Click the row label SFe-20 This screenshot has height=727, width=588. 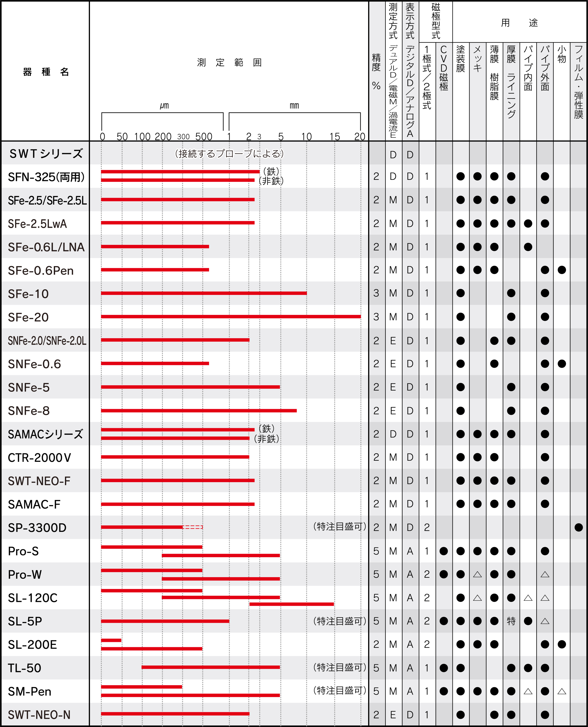[x=29, y=317]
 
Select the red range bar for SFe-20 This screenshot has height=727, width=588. [x=230, y=317]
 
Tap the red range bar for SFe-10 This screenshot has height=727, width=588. [x=203, y=293]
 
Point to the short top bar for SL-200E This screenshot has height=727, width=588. [x=111, y=640]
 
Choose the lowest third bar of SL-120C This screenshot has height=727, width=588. [x=291, y=604]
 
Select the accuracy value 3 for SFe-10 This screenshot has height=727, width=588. [x=376, y=293]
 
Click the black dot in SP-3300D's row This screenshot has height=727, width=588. [x=579, y=527]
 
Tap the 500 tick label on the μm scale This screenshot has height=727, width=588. [x=203, y=137]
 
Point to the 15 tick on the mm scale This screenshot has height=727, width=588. [x=335, y=137]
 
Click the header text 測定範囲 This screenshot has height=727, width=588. [x=229, y=63]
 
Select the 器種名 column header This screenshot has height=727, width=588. [x=46, y=72]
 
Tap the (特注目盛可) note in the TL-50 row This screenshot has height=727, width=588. [x=339, y=667]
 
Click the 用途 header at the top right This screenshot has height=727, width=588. [x=519, y=23]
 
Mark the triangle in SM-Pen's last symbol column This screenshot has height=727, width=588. [x=562, y=691]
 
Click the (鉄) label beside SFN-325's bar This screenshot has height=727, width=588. [x=271, y=171]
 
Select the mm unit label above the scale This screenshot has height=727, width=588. [x=294, y=105]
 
